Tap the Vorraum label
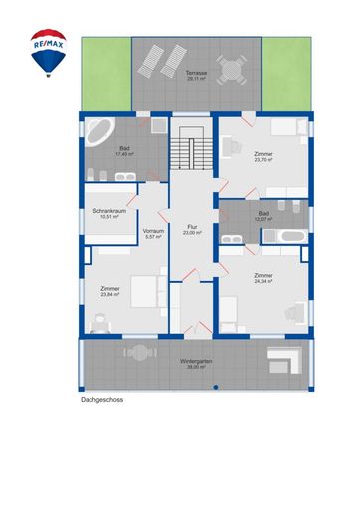pyautogui.click(x=152, y=233)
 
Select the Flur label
pyautogui.click(x=193, y=228)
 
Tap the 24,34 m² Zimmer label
pyautogui.click(x=264, y=276)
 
